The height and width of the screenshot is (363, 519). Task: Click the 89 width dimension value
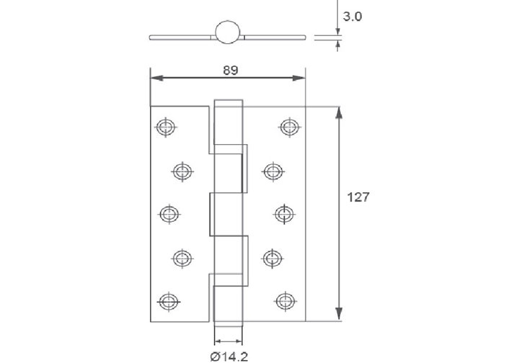coord(230,70)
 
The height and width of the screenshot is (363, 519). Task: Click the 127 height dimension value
coord(358,197)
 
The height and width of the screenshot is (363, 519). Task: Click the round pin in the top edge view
coord(227,32)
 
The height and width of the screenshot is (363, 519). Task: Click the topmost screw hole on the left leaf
coord(165,127)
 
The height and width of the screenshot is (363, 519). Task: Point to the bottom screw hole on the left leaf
coord(167,300)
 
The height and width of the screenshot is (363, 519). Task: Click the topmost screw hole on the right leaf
coord(289,127)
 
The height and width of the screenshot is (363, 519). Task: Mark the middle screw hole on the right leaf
coord(284,213)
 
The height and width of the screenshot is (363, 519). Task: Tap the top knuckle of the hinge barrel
coord(228,122)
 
